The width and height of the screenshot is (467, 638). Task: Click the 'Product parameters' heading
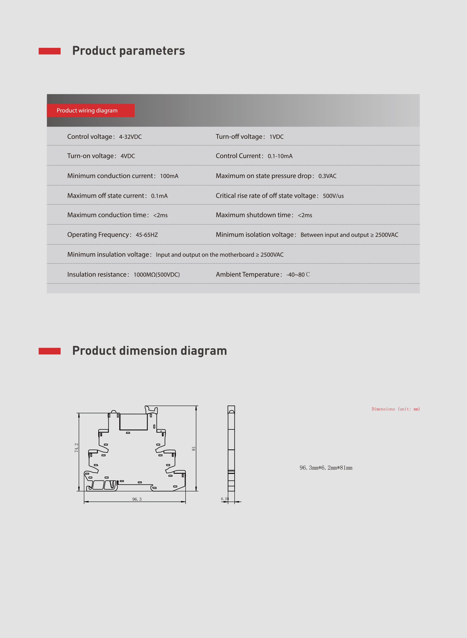click(x=128, y=51)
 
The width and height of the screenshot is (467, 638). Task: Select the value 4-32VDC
click(x=130, y=137)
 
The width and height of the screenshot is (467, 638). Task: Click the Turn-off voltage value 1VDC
click(x=276, y=137)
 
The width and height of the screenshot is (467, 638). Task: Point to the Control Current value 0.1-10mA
click(x=280, y=156)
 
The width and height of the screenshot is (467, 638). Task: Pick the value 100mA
click(x=169, y=176)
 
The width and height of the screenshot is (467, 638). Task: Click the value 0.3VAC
click(x=327, y=176)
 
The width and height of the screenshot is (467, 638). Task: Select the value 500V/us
click(x=333, y=196)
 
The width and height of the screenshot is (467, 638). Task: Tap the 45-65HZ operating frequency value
click(x=147, y=235)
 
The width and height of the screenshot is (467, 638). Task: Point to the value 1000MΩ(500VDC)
click(x=156, y=275)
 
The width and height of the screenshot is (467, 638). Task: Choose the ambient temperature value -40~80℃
click(x=298, y=275)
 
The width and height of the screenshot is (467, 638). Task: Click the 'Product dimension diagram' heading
click(x=149, y=351)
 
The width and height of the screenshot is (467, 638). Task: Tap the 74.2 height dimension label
click(x=76, y=448)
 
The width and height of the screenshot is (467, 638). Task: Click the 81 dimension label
click(x=194, y=449)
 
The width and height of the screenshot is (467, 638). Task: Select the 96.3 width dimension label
click(x=137, y=499)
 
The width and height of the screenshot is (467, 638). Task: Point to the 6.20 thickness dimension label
click(x=225, y=499)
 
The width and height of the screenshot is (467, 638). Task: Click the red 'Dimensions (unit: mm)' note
click(x=395, y=409)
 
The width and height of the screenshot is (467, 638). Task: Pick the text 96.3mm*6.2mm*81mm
click(x=326, y=468)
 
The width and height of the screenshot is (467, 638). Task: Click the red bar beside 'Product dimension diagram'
click(x=50, y=351)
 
